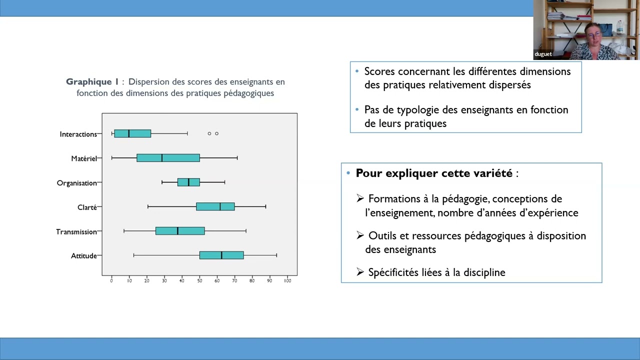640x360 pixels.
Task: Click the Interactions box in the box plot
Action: pyautogui.click(x=132, y=133)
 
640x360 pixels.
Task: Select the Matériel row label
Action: pyautogui.click(x=84, y=158)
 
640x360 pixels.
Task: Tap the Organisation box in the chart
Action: pyautogui.click(x=188, y=182)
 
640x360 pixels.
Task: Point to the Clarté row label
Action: pyautogui.click(x=87, y=207)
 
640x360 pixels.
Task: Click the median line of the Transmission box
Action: pyautogui.click(x=177, y=231)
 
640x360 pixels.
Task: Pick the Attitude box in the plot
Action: pyautogui.click(x=221, y=255)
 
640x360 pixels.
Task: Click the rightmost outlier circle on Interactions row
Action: pyautogui.click(x=216, y=133)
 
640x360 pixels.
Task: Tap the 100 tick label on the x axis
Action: pyautogui.click(x=287, y=281)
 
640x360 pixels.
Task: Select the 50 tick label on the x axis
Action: pyautogui.click(x=199, y=281)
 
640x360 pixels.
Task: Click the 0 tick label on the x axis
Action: pyautogui.click(x=111, y=281)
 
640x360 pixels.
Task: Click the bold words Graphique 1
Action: pyautogui.click(x=92, y=82)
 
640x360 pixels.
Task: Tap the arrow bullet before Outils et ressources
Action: pyautogui.click(x=360, y=235)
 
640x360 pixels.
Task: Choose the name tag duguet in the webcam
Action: pyautogui.click(x=543, y=54)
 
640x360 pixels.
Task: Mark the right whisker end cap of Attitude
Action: pyautogui.click(x=276, y=255)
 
